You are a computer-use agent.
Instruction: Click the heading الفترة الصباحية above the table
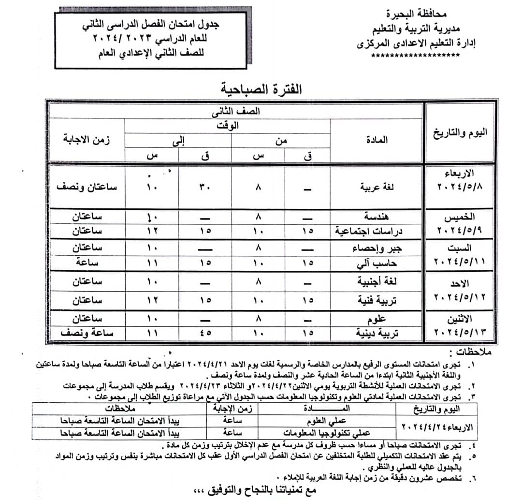(x=261, y=88)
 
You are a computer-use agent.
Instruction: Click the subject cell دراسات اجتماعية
(x=369, y=231)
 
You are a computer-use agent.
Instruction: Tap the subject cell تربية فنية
(x=377, y=300)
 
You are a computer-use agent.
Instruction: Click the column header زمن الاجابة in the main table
(x=86, y=140)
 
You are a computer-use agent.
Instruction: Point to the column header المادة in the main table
(x=377, y=140)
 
